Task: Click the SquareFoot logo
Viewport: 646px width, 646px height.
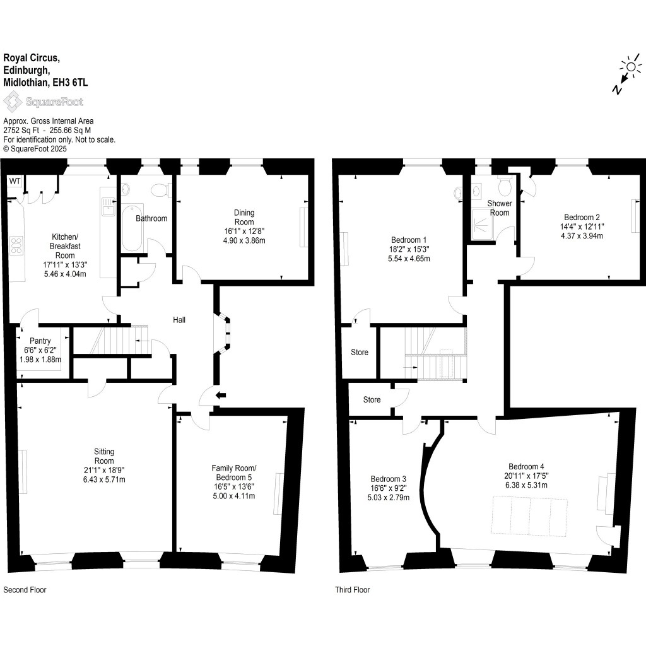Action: [x=44, y=102]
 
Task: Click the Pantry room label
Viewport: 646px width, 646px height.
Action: [x=39, y=341]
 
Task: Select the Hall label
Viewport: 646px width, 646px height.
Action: [x=179, y=320]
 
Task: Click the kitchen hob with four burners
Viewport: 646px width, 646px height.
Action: [x=15, y=245]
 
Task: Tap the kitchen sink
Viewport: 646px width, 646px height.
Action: [x=107, y=207]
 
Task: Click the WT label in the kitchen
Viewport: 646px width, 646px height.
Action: [x=15, y=182]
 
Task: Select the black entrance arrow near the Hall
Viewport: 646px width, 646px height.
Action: [x=220, y=396]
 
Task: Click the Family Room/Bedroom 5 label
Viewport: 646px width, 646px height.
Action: [x=233, y=473]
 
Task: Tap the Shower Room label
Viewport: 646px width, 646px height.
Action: [x=499, y=208]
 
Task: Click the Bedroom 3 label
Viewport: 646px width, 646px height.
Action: [x=389, y=478]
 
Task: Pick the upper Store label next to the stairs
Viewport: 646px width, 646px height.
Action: [x=360, y=352]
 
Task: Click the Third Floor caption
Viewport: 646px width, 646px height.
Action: [x=352, y=590]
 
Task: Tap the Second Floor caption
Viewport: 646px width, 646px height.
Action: [x=25, y=590]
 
